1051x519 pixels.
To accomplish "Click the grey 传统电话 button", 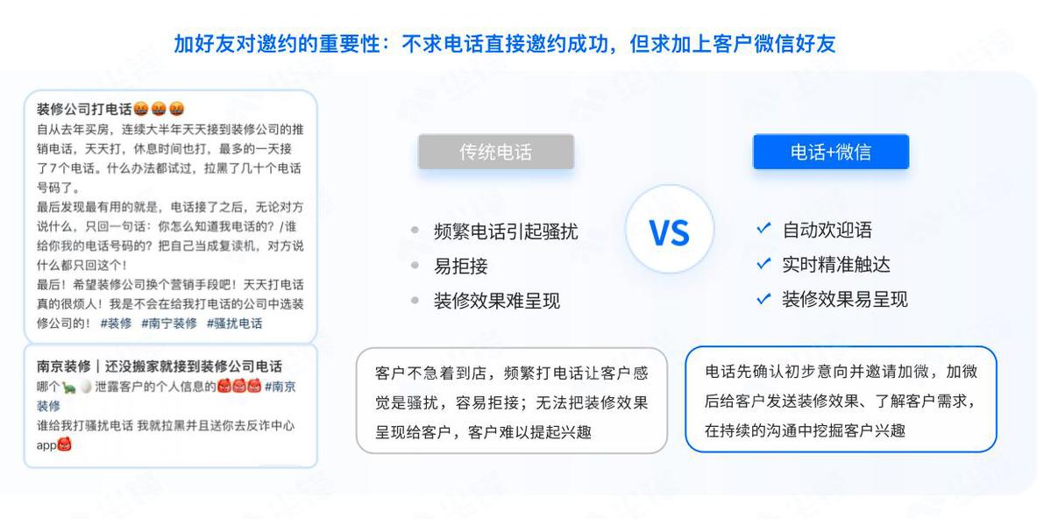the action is (x=496, y=153).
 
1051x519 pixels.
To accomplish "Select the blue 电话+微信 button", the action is (x=831, y=153).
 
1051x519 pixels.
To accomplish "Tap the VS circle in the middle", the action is (x=670, y=230).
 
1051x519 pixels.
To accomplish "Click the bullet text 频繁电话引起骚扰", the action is (x=506, y=232).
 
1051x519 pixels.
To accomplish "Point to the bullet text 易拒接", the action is (x=460, y=267).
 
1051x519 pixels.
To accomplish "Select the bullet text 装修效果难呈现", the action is (x=497, y=301).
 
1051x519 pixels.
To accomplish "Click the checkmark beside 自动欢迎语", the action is (x=763, y=229).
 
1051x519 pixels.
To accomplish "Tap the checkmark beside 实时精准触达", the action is (x=763, y=264).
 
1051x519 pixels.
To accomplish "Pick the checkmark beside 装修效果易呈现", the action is (x=763, y=298).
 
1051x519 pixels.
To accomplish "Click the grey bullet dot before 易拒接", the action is (x=415, y=267).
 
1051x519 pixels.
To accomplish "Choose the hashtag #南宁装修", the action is (x=169, y=323).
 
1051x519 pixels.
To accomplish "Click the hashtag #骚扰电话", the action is (x=235, y=323).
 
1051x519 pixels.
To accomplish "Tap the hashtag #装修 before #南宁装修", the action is (x=116, y=323).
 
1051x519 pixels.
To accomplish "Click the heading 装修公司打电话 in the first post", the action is (x=84, y=110).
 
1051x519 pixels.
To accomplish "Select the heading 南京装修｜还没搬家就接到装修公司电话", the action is (x=160, y=366).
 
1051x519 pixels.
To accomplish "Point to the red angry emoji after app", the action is (x=64, y=444).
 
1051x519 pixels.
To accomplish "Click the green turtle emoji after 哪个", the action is (x=69, y=387).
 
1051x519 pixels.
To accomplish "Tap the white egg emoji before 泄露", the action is (x=86, y=387).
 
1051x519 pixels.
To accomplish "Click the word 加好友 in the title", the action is (x=203, y=44).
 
